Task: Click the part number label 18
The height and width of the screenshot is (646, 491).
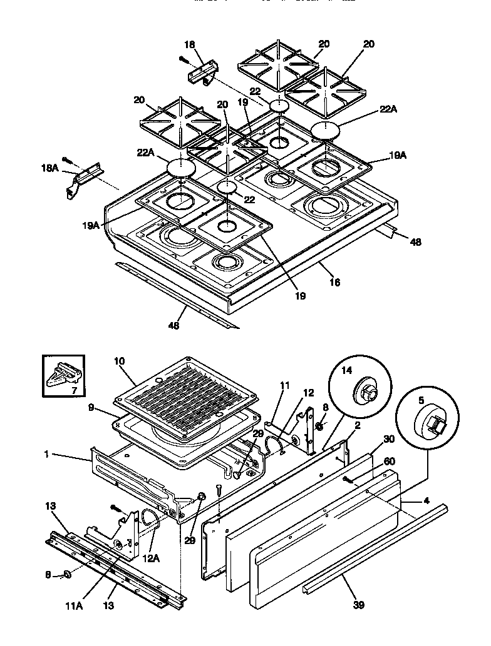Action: point(190,44)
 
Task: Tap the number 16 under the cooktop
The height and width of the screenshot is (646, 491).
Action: point(334,282)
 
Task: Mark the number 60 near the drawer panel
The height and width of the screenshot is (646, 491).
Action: point(389,461)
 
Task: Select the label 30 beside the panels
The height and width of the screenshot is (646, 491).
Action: point(388,438)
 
